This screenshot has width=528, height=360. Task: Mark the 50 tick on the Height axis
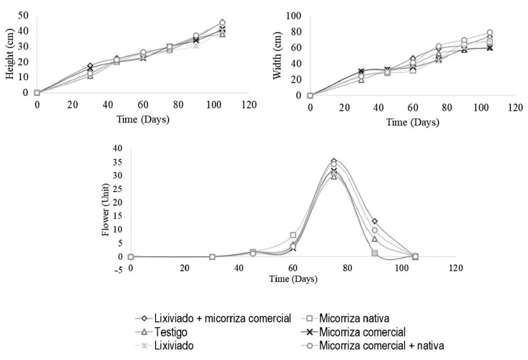pyautogui.click(x=24, y=16)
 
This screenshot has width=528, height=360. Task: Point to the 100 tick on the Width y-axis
pyautogui.click(x=293, y=16)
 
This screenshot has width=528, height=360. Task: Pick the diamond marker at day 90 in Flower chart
pyautogui.click(x=375, y=221)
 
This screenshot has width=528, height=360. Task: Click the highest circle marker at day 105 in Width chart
pyautogui.click(x=490, y=32)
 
